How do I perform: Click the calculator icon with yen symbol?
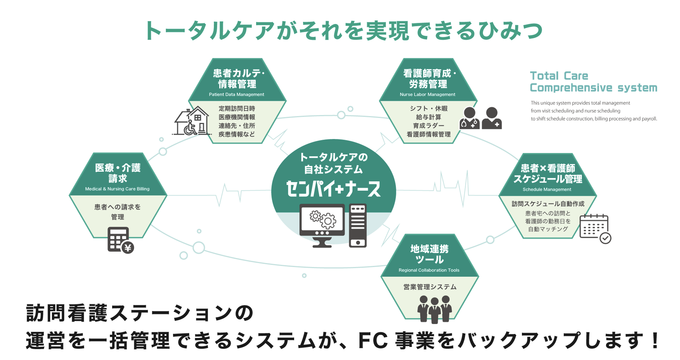point(120,240)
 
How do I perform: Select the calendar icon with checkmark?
point(595,228)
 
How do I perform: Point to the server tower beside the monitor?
point(358,225)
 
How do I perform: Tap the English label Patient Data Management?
point(237,95)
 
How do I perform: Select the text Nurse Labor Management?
point(427,95)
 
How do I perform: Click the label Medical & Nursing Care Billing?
point(117,189)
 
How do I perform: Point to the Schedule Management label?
point(547,190)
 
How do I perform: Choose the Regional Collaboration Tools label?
point(429,270)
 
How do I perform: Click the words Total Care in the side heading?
point(559,76)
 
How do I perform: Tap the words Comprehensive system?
point(593,88)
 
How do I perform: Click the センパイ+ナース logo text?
point(333,189)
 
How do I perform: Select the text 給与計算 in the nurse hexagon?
point(429,117)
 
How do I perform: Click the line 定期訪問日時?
point(237,108)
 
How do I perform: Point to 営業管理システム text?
point(430,287)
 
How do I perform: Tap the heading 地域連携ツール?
point(430,254)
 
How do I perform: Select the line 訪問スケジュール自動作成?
point(548,204)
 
